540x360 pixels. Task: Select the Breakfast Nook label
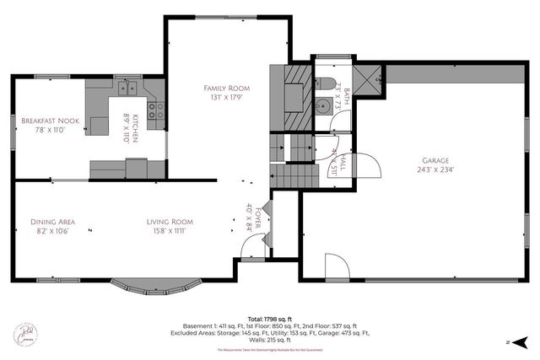[x=51, y=121]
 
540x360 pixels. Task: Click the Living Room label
[x=165, y=222]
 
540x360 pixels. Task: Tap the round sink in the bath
[x=322, y=106]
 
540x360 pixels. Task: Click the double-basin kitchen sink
[x=128, y=87]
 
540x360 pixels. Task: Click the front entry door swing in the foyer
[x=251, y=249]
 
